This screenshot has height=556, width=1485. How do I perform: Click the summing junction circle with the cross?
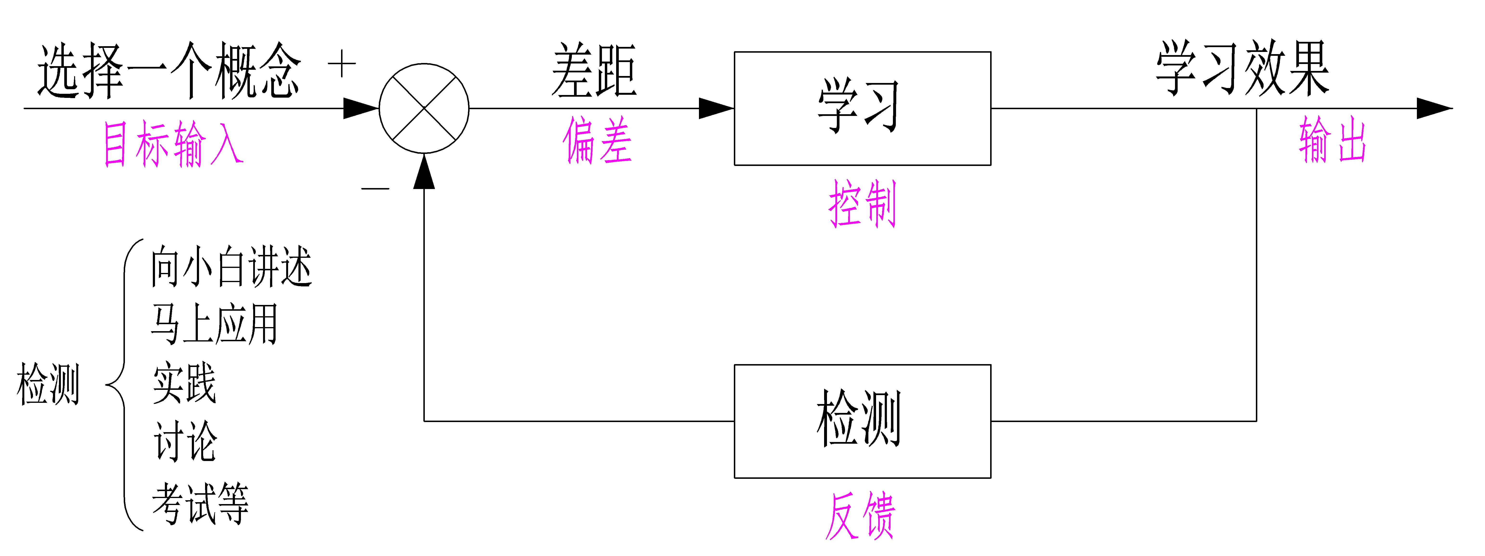tap(424, 108)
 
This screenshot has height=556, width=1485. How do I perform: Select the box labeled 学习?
tap(862, 108)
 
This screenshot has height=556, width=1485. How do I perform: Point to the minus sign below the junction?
tap(375, 188)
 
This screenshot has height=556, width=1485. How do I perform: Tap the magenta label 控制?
tap(862, 203)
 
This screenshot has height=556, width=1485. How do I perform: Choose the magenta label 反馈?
tap(860, 516)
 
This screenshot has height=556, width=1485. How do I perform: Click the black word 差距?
tap(594, 70)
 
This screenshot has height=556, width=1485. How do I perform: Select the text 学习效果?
tap(1242, 68)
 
